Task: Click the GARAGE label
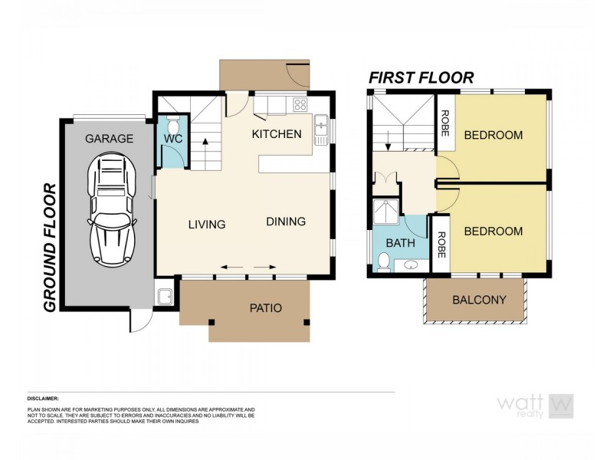click(x=109, y=139)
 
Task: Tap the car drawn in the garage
click(x=111, y=207)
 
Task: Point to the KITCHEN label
click(x=277, y=134)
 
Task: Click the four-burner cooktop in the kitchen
click(x=300, y=105)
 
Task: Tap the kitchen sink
click(x=320, y=123)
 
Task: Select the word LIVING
click(x=207, y=225)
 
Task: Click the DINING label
click(x=286, y=222)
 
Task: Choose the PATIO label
click(x=266, y=308)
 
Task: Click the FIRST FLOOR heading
click(x=421, y=77)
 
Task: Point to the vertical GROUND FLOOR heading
click(x=51, y=247)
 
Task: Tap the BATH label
click(x=400, y=243)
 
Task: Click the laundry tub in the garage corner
click(x=162, y=296)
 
